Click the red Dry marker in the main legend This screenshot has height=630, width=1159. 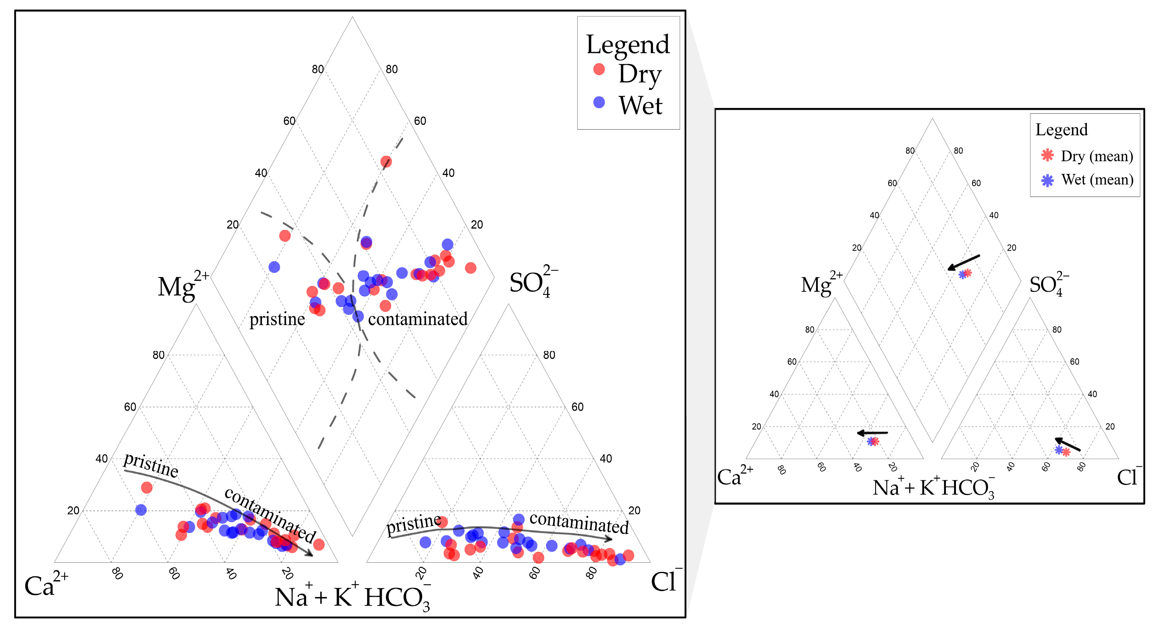click(599, 69)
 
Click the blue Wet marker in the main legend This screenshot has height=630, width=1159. click(599, 102)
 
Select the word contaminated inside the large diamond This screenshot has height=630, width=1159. click(418, 319)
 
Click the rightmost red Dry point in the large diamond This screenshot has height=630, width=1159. click(471, 268)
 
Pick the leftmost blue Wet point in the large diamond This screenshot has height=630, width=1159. click(274, 267)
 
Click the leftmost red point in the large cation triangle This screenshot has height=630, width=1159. click(146, 487)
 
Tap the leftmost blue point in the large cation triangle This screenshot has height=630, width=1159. click(141, 510)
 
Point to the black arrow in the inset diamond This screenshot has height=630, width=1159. click(963, 262)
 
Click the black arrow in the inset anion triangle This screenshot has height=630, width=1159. click(1068, 444)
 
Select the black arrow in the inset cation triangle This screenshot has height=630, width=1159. click(872, 433)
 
